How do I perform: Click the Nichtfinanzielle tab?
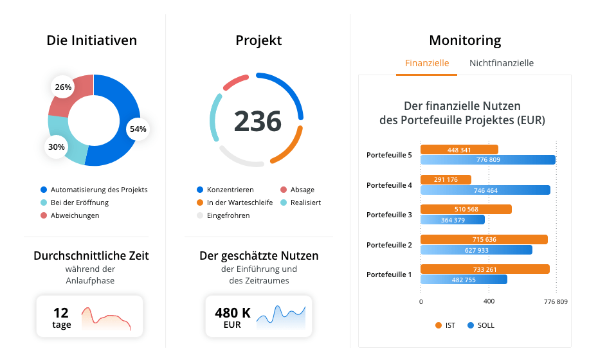[x=502, y=63]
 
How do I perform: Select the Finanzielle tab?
[x=427, y=63]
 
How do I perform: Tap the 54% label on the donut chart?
[x=138, y=129]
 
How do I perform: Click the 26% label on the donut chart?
[x=63, y=87]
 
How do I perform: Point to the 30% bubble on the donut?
[x=57, y=147]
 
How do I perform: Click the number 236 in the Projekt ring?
[x=257, y=121]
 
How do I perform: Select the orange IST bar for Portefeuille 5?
[x=459, y=150]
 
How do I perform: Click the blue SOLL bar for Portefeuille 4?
[x=485, y=190]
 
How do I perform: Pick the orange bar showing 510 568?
[x=466, y=210]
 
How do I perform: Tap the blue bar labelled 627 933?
[x=476, y=250]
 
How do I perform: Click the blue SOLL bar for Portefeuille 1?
[x=464, y=280]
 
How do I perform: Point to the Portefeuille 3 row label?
[x=389, y=215]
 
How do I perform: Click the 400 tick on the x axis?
[x=489, y=301]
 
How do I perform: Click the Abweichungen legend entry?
[x=75, y=215]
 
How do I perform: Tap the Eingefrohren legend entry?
[x=228, y=215]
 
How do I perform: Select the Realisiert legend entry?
[x=305, y=203]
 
